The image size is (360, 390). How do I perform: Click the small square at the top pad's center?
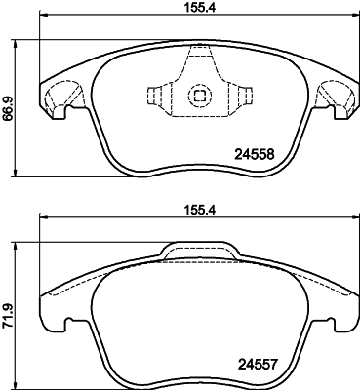coord(200,96)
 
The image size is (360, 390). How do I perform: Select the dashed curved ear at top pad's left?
coord(65,96)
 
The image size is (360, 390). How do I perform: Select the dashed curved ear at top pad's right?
coord(334,96)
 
